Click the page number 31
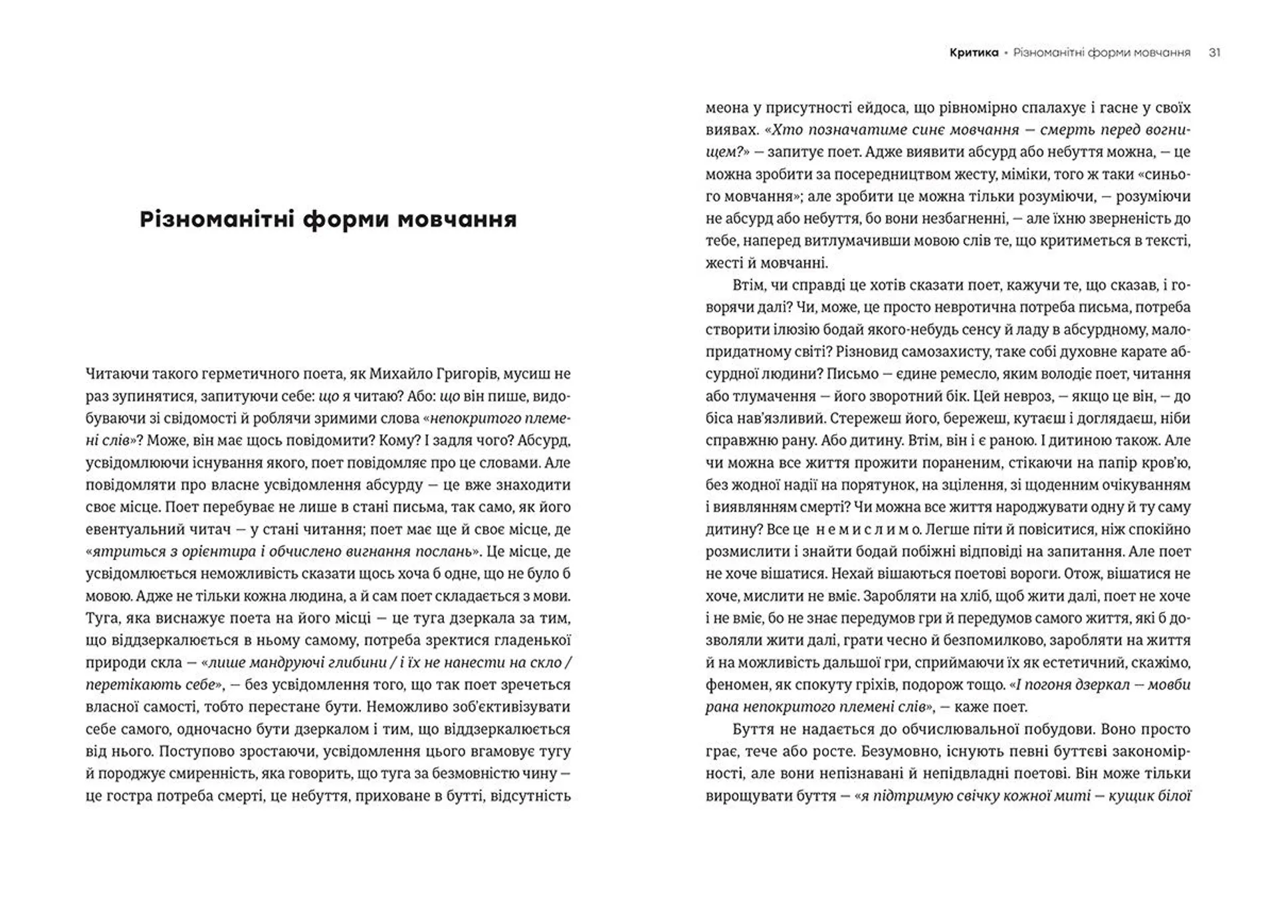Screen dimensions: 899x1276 pos(1214,53)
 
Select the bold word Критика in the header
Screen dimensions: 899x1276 pos(974,53)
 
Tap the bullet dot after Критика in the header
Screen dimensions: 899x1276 pos(1006,53)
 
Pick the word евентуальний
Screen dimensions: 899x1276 pos(126,529)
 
